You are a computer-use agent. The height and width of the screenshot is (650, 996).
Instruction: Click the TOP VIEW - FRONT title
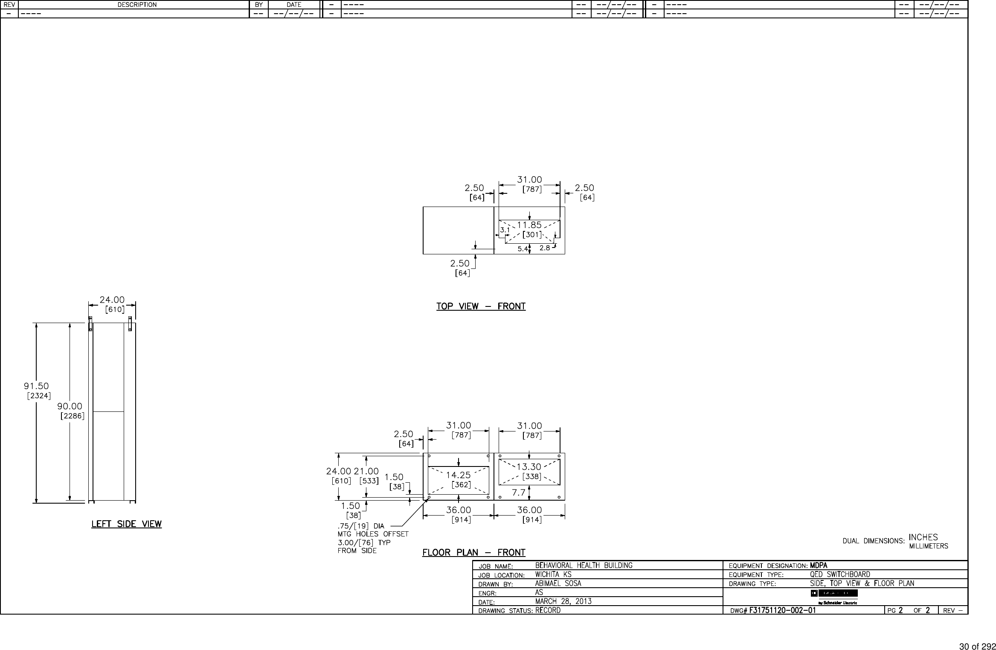(x=481, y=306)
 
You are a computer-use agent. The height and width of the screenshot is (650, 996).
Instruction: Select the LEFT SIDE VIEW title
(x=126, y=524)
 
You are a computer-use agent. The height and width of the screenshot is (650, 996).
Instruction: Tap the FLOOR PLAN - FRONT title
(x=473, y=553)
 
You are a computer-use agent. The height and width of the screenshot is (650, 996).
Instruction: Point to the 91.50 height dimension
(x=36, y=386)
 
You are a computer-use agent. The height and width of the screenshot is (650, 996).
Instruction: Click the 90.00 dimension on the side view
(x=70, y=406)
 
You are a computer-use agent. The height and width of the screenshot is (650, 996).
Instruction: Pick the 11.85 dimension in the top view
(x=529, y=225)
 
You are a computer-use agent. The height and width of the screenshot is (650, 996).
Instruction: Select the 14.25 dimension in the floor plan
(x=458, y=475)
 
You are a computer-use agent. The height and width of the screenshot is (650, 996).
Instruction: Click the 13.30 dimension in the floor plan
(x=529, y=467)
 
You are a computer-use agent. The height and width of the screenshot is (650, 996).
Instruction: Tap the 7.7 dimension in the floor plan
(x=519, y=493)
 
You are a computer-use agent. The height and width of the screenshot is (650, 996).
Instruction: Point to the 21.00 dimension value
(x=366, y=471)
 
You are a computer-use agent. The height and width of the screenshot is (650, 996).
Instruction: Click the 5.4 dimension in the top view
(x=523, y=249)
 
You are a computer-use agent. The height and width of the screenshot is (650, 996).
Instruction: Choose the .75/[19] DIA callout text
(x=361, y=526)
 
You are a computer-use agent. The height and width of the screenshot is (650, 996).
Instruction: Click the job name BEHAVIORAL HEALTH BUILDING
(x=584, y=565)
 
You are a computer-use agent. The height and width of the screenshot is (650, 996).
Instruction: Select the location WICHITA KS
(x=553, y=574)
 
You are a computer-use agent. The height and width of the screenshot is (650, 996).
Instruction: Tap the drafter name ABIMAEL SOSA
(x=558, y=583)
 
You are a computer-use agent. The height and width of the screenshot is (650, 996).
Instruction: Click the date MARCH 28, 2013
(x=563, y=601)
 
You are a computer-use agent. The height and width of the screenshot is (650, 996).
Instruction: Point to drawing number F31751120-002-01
(x=782, y=610)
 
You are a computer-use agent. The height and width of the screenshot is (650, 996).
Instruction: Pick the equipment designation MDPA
(x=819, y=565)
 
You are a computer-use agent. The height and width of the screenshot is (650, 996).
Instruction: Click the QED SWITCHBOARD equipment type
(x=840, y=574)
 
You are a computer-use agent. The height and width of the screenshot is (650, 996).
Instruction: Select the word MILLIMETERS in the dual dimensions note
(x=929, y=546)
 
